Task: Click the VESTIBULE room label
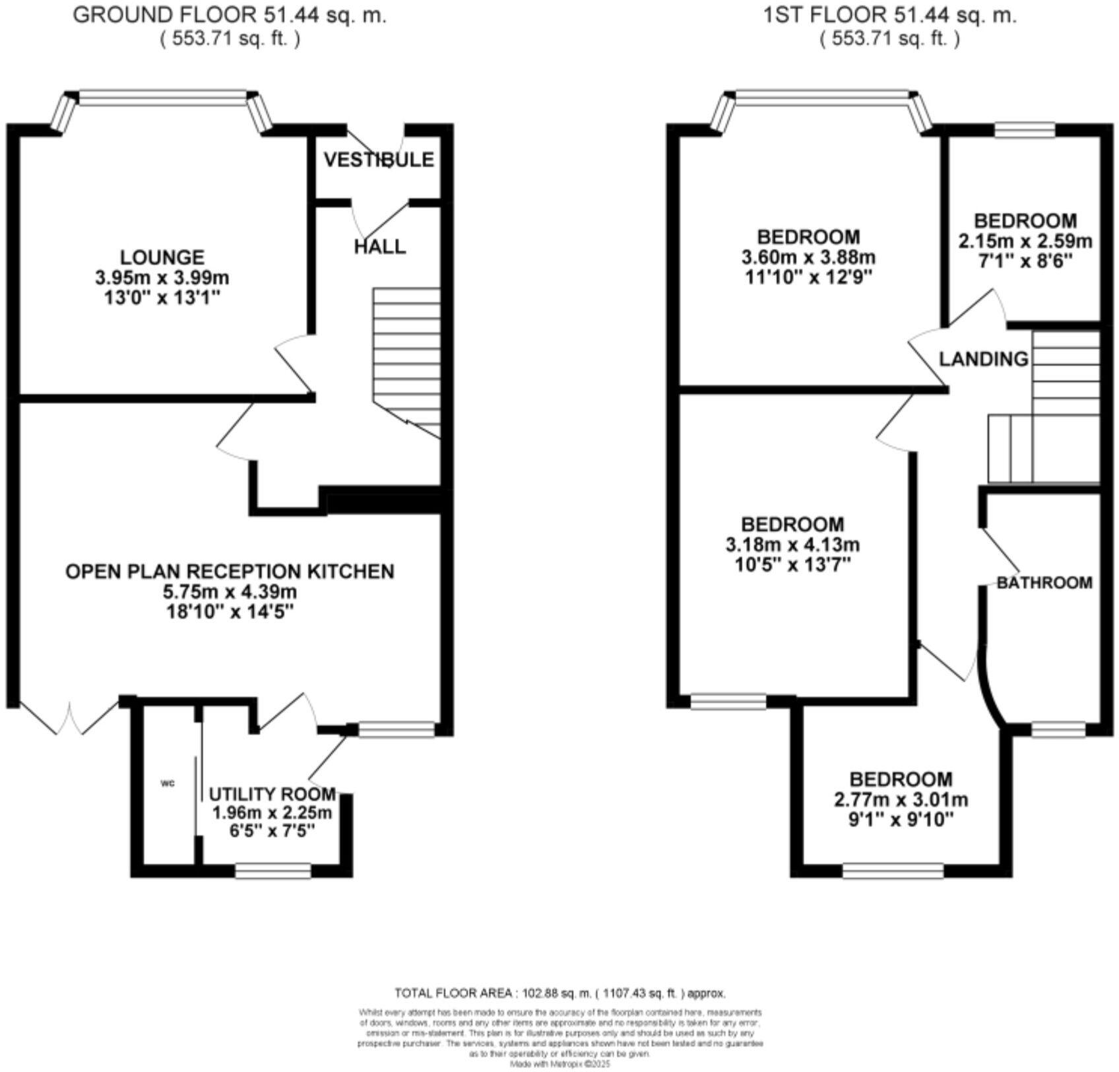[379, 160]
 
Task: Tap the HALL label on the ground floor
[379, 247]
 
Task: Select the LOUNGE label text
[162, 257]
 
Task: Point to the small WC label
[168, 784]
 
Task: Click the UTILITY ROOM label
[272, 793]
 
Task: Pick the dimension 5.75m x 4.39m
[230, 591]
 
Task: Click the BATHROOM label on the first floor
[1044, 583]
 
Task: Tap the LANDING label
[983, 359]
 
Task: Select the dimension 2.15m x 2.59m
[1025, 241]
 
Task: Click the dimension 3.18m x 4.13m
[792, 545]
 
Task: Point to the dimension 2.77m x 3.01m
[901, 800]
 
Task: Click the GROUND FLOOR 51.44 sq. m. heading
[230, 15]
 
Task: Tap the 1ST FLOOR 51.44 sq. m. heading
[889, 15]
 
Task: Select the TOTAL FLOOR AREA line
[559, 993]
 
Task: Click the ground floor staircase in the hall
[406, 356]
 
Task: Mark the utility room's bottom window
[273, 871]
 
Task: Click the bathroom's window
[1058, 729]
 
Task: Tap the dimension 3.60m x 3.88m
[808, 257]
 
